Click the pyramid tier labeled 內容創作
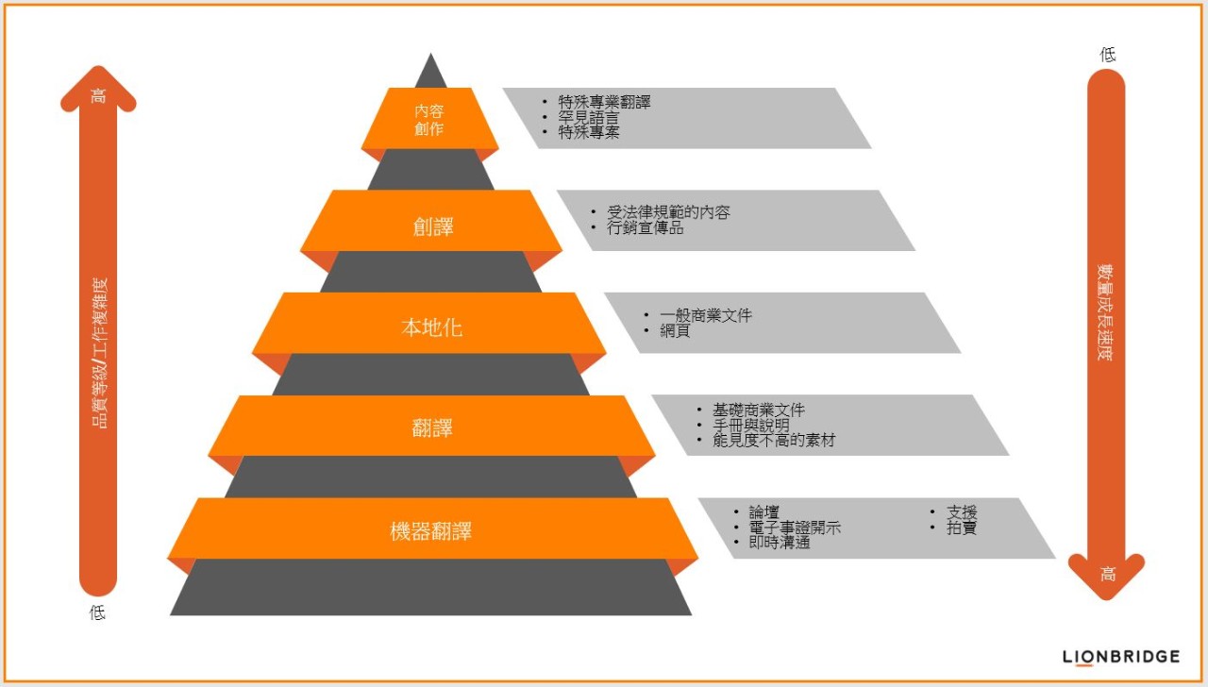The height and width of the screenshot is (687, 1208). (429, 120)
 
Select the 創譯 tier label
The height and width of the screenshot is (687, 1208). (433, 226)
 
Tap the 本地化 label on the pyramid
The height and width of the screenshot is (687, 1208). (432, 327)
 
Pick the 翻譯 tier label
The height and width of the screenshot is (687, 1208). (432, 428)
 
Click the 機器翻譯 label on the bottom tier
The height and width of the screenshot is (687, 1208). (431, 531)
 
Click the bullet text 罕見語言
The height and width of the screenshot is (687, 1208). (588, 117)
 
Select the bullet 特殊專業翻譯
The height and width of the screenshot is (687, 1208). (604, 102)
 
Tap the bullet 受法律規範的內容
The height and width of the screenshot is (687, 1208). (668, 212)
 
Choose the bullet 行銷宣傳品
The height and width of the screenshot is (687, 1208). (645, 227)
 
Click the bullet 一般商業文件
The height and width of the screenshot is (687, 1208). (705, 315)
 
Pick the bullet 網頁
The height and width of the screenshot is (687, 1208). (675, 330)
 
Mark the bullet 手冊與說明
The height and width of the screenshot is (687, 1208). (750, 426)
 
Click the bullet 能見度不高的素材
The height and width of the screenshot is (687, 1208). (774, 441)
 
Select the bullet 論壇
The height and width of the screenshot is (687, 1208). (763, 511)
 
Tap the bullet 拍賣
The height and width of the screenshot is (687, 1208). (962, 528)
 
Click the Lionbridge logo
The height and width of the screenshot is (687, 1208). (1121, 657)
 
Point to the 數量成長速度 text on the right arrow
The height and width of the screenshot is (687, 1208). (1105, 312)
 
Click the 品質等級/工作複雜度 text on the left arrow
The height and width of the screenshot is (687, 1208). (100, 353)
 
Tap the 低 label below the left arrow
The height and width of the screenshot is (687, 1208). (97, 612)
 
